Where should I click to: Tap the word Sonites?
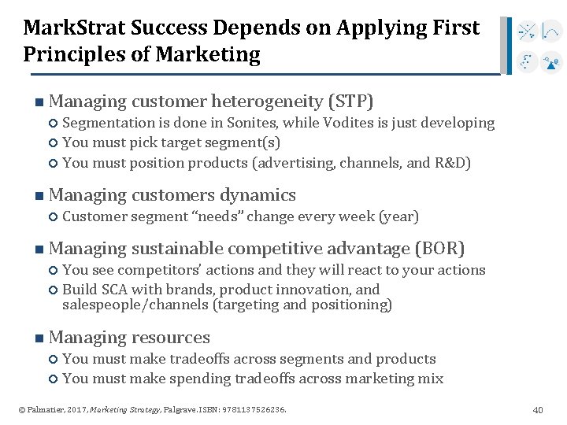251,123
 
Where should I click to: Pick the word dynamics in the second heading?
258,195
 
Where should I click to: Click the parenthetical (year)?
398,216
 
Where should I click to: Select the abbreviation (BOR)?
440,249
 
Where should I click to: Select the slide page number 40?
538,410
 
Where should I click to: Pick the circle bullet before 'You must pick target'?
53,143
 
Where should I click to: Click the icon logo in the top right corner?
539,46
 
